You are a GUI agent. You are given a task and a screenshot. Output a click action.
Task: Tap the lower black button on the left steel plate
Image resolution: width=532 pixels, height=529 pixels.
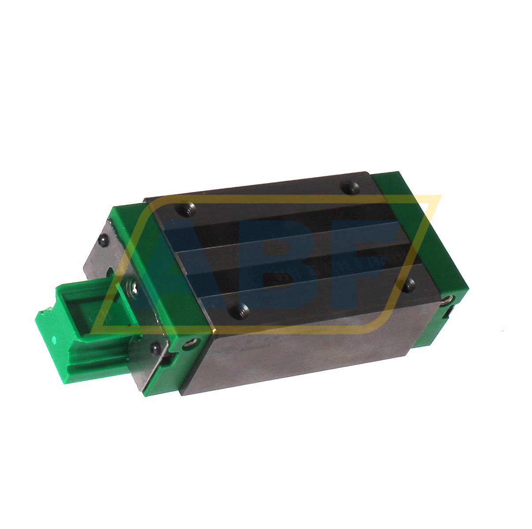coord(155,348)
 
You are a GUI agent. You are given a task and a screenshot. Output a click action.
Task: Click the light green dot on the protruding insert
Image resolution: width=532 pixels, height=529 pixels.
coord(53,340)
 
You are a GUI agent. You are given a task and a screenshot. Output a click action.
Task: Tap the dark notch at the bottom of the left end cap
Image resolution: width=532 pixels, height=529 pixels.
coord(170,360)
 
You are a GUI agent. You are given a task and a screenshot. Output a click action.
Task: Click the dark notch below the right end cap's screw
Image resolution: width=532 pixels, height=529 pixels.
coord(450,314)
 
